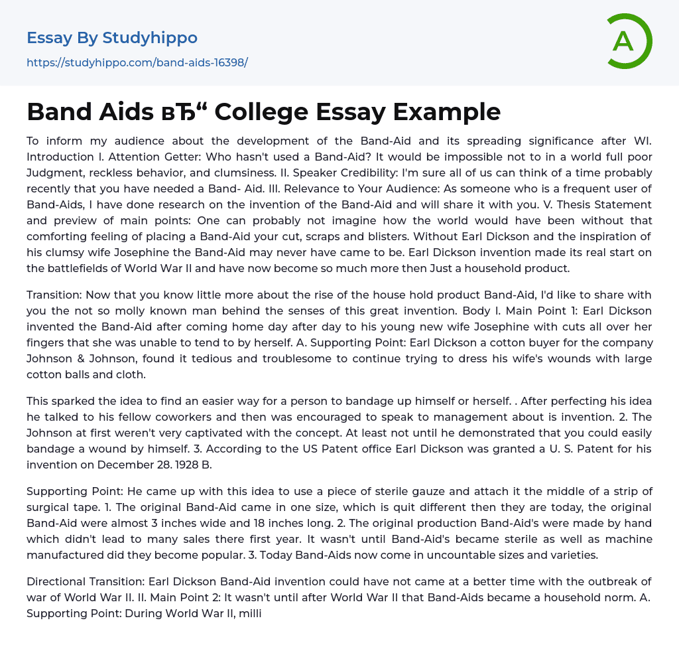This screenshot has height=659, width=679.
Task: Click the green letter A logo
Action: (629, 41)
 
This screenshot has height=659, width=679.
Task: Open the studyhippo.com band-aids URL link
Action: (137, 62)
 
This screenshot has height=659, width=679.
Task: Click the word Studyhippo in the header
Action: (150, 38)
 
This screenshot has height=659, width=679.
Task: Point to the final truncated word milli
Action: (251, 613)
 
